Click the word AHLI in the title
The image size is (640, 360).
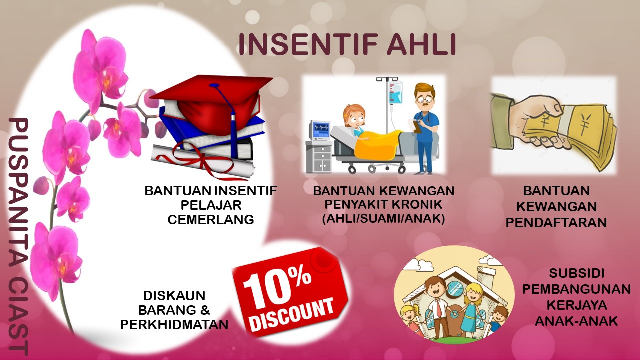(421, 45)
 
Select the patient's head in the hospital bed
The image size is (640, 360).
(354, 115)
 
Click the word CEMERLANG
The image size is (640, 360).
(211, 220)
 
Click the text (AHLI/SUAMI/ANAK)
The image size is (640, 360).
(383, 219)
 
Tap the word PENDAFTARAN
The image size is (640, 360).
(556, 223)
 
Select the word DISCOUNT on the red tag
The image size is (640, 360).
(293, 314)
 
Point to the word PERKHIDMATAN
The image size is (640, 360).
(174, 325)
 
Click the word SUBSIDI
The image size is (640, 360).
(577, 273)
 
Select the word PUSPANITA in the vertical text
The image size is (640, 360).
(19, 182)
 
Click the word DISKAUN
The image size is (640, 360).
(174, 296)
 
